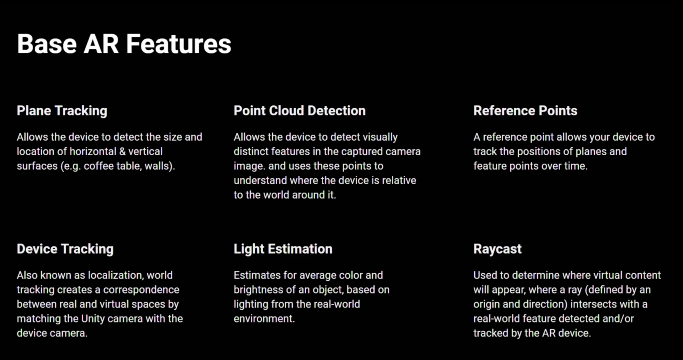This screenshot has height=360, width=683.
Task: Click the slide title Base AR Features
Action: point(124,44)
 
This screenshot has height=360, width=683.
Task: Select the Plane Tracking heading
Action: point(62,111)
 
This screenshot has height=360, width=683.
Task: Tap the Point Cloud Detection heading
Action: point(300,111)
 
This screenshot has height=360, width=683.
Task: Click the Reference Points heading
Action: point(525,111)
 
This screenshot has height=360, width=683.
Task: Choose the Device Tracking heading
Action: point(65,249)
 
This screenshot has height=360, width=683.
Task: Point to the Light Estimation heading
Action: point(283,249)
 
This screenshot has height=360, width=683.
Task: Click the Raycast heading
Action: point(497,249)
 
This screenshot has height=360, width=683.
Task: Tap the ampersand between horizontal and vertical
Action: point(122,152)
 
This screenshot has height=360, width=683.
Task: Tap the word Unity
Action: point(93,319)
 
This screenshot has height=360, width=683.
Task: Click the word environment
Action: point(264,319)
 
